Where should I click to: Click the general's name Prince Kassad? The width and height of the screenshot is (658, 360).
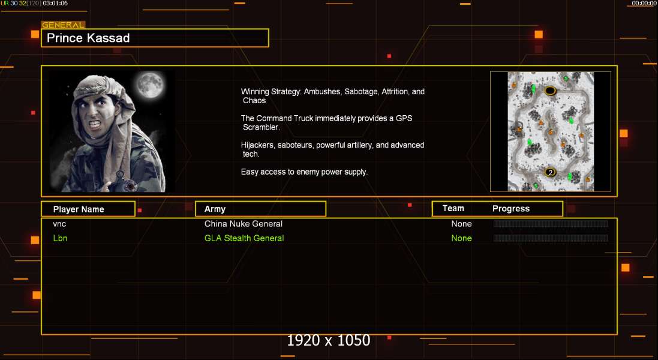(x=88, y=38)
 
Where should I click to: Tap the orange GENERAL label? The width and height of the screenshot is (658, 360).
(x=63, y=25)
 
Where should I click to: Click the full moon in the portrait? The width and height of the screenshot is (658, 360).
(x=150, y=85)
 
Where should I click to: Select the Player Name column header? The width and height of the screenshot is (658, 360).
(x=79, y=209)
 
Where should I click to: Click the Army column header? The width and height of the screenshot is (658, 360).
(x=215, y=209)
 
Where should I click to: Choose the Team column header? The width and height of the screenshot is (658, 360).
(x=453, y=209)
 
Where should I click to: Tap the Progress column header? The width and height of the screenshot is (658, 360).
(x=510, y=209)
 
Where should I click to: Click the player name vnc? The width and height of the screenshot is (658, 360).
(x=59, y=224)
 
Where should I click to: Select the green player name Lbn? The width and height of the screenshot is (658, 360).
(x=60, y=238)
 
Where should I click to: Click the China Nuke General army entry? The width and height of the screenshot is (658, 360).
(x=244, y=224)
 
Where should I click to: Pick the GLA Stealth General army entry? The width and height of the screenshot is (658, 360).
(x=244, y=238)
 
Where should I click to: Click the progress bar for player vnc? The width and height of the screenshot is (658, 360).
(x=551, y=224)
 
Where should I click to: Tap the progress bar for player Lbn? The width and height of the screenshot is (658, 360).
(x=551, y=238)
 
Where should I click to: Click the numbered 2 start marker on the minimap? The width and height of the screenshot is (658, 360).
(x=550, y=172)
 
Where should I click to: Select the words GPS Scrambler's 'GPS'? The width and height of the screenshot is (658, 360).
(x=404, y=118)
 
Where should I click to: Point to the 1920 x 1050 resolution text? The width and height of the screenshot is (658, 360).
(x=329, y=340)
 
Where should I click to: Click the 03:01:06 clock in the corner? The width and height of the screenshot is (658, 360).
(x=55, y=4)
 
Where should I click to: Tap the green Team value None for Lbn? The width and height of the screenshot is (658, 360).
(x=461, y=238)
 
